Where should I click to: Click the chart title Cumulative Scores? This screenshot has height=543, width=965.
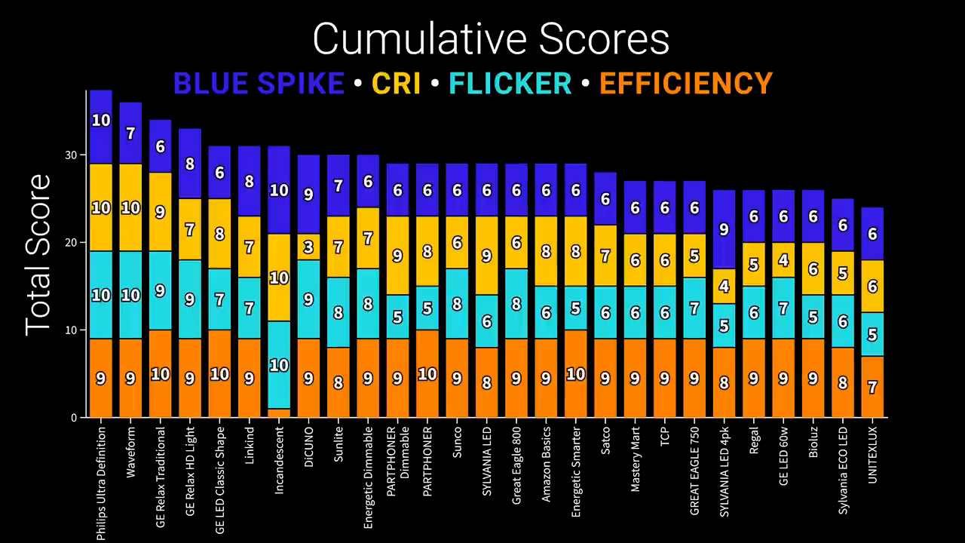491,39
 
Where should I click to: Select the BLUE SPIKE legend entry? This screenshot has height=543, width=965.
259,83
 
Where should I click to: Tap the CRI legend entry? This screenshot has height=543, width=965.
396,83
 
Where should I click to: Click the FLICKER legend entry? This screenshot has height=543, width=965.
510,83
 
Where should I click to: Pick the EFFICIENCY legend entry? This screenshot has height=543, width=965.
686,83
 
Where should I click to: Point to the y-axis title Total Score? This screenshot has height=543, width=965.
38,255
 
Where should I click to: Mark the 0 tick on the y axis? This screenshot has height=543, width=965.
74,418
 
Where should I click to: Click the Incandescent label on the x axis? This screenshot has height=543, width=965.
280,461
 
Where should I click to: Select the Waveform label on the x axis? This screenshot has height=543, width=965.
131,452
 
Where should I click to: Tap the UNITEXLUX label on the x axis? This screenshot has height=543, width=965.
873,456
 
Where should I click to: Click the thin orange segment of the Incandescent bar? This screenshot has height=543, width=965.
279,413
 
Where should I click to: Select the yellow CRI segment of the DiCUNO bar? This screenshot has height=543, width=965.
308,247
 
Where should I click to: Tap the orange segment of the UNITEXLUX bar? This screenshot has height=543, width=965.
873,387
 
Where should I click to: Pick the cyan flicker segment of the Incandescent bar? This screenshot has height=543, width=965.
279,365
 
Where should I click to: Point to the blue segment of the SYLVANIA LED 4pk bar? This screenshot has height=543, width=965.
725,229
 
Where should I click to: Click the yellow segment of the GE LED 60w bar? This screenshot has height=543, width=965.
784,260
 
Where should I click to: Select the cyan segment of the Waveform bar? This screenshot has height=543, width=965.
131,295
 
